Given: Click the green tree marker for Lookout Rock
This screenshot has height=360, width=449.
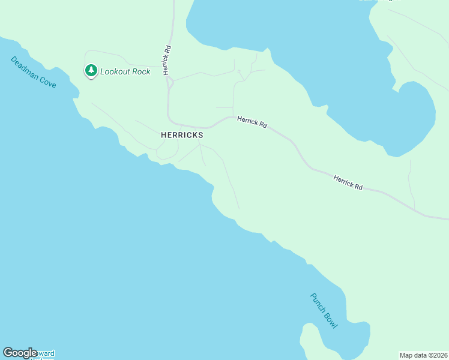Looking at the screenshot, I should click(91, 71).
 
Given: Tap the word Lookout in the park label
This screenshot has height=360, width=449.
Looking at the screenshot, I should click(117, 71).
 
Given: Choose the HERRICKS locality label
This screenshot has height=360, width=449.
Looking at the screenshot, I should click(182, 136).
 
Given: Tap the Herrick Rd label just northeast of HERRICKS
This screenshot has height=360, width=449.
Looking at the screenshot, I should click(252, 121).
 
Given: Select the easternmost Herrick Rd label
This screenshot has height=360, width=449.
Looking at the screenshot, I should click(348, 182).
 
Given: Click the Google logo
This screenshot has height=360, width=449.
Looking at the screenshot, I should click(20, 353).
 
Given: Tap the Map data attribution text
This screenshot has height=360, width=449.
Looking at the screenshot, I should click(415, 355).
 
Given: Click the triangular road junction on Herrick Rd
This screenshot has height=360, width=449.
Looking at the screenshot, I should click(170, 82).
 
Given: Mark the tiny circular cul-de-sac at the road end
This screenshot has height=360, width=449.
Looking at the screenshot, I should click(239, 72).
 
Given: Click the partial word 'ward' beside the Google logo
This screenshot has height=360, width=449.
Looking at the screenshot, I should click(47, 353).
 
